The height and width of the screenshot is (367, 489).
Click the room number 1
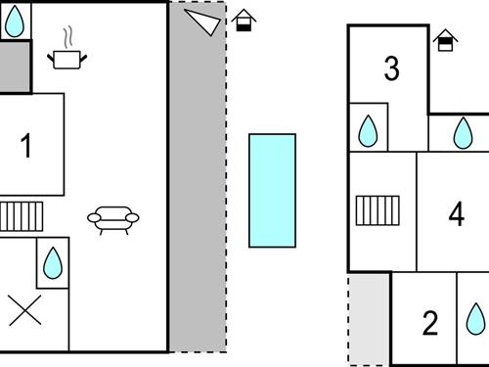[x=26, y=146]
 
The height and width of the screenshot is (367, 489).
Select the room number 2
[x=430, y=323]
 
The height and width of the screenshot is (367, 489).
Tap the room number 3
[x=392, y=69]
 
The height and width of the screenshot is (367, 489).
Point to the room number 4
[x=457, y=213]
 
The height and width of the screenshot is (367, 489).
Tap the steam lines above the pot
[x=67, y=38]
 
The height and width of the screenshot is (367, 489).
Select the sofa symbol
[x=112, y=220]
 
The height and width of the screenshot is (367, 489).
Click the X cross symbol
[x=24, y=312]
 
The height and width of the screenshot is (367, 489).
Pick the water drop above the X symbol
[x=53, y=261]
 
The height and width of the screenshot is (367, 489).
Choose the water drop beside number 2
[x=474, y=318]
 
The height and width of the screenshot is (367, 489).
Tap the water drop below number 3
[x=369, y=130]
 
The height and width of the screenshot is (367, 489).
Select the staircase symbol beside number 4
[x=378, y=209]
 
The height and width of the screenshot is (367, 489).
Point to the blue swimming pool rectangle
[x=272, y=190]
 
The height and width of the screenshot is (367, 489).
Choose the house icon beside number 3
[x=446, y=41]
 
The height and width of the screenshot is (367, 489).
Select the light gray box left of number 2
[x=370, y=320]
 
